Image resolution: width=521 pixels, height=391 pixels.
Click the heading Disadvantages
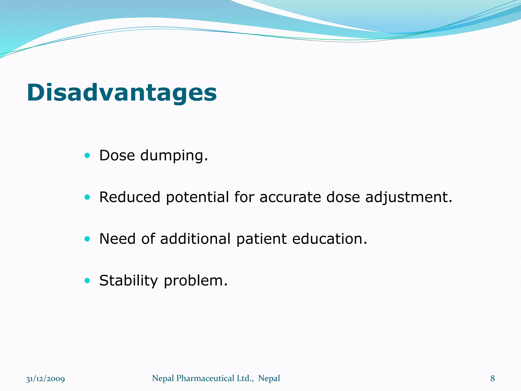122,93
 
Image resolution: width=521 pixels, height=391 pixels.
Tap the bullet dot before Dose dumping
87,156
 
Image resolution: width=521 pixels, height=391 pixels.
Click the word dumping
174,156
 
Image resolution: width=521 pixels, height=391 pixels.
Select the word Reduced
130,197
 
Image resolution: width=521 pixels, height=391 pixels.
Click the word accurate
290,197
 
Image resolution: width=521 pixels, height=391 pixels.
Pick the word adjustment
409,198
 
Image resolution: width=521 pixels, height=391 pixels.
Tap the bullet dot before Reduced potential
87,197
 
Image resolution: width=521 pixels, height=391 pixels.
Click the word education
329,239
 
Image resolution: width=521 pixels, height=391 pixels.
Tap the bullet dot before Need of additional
87,239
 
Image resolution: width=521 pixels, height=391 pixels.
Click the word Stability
128,281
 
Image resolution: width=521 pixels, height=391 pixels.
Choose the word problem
195,281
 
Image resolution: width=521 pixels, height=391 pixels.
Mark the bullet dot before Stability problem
87,281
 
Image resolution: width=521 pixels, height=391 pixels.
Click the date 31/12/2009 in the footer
46,379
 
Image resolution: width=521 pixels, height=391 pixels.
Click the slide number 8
493,379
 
